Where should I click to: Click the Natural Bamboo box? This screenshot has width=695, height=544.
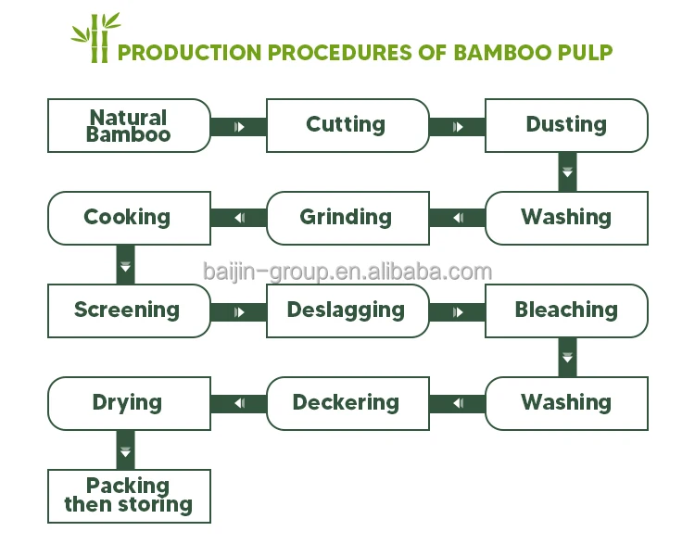click(129, 125)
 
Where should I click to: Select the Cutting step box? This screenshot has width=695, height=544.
click(347, 125)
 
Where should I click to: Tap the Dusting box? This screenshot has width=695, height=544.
click(566, 125)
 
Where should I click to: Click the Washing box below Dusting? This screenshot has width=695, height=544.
click(566, 218)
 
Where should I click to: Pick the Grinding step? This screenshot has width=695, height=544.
click(347, 218)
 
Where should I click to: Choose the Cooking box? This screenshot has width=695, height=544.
click(129, 218)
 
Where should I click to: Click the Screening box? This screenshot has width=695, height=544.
click(129, 310)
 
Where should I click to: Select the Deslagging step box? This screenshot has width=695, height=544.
click(347, 310)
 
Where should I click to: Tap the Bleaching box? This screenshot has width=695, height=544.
click(566, 310)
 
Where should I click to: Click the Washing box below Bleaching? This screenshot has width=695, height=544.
click(566, 403)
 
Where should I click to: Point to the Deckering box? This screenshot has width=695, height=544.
click(347, 403)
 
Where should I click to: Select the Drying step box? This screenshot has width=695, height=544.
click(129, 403)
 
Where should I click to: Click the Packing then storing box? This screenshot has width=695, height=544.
click(129, 496)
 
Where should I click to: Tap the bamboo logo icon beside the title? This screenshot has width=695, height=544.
click(95, 38)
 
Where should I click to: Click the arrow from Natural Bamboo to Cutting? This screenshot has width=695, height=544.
click(238, 126)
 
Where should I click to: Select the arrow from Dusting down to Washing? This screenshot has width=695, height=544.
click(567, 171)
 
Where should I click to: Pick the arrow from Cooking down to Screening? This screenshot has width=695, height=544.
click(127, 265)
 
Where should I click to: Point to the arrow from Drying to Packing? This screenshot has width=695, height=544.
click(127, 450)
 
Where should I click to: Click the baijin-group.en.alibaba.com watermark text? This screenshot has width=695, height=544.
click(347, 272)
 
